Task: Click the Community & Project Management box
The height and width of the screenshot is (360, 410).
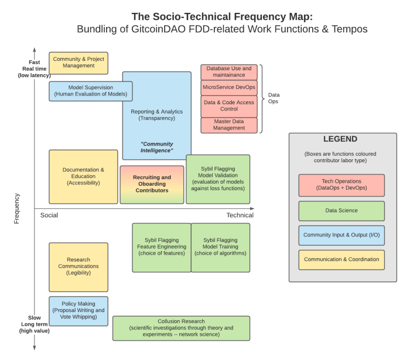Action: pyautogui.click(x=78, y=63)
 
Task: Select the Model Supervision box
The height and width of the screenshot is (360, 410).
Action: pyautogui.click(x=90, y=91)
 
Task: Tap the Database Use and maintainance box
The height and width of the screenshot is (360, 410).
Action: pyautogui.click(x=229, y=72)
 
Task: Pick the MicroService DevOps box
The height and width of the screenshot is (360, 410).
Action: pyautogui.click(x=229, y=88)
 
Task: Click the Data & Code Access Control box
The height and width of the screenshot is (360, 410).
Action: pyautogui.click(x=229, y=107)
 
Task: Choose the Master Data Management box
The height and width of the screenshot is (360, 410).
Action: pyautogui.click(x=229, y=125)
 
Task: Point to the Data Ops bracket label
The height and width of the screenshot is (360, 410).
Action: pyautogui.click(x=274, y=98)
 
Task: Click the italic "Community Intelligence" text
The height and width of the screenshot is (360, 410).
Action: pyautogui.click(x=156, y=147)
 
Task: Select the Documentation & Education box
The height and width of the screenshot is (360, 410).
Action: pyautogui.click(x=83, y=177)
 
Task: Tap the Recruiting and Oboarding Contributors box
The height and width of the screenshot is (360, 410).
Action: pyautogui.click(x=152, y=184)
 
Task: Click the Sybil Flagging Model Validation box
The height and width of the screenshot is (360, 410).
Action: pyautogui.click(x=218, y=179)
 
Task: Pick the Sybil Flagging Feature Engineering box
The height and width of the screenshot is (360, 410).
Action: pyautogui.click(x=162, y=248)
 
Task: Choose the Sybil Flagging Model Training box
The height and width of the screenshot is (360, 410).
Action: pyautogui.click(x=220, y=248)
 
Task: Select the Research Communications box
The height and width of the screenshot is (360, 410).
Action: pyautogui.click(x=78, y=267)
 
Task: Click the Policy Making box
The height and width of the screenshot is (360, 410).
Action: pyautogui.click(x=78, y=311)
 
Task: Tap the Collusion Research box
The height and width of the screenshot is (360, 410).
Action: pyautogui.click(x=181, y=328)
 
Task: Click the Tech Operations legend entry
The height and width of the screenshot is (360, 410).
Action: pyautogui.click(x=341, y=185)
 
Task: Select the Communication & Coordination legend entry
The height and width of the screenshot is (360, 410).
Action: pyautogui.click(x=341, y=260)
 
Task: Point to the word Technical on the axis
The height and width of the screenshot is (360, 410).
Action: pyautogui.click(x=240, y=215)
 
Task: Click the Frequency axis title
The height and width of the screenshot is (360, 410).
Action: pyautogui.click(x=16, y=208)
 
